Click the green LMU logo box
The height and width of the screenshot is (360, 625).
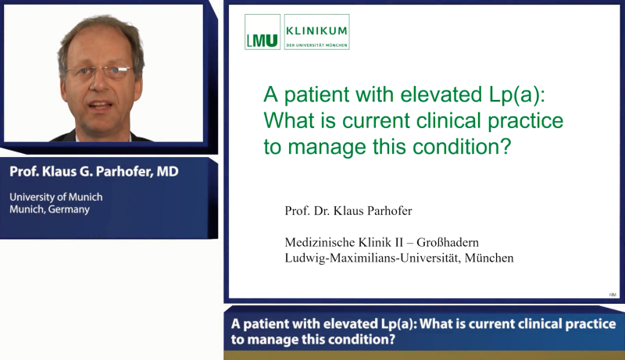(x=262, y=32)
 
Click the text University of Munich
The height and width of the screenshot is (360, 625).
(x=56, y=197)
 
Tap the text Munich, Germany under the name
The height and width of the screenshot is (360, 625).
(x=50, y=209)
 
